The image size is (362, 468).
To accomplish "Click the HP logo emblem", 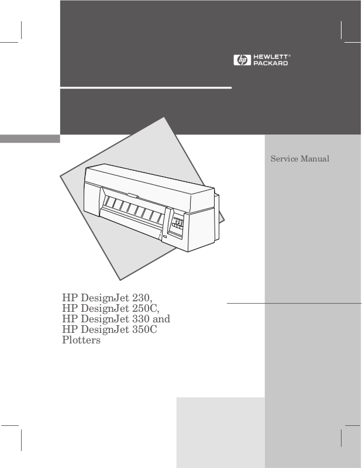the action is pyautogui.click(x=241, y=60).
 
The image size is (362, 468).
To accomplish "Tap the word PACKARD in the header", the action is pyautogui.click(x=270, y=63).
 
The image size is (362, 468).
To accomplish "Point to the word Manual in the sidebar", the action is pyautogui.click(x=315, y=159).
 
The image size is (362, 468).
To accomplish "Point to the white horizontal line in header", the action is pyautogui.click(x=146, y=88).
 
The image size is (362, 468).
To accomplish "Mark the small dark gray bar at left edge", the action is pyautogui.click(x=30, y=139).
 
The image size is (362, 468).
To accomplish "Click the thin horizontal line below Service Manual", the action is pyautogui.click(x=294, y=304).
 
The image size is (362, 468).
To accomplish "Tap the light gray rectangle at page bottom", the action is pyautogui.click(x=220, y=432).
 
